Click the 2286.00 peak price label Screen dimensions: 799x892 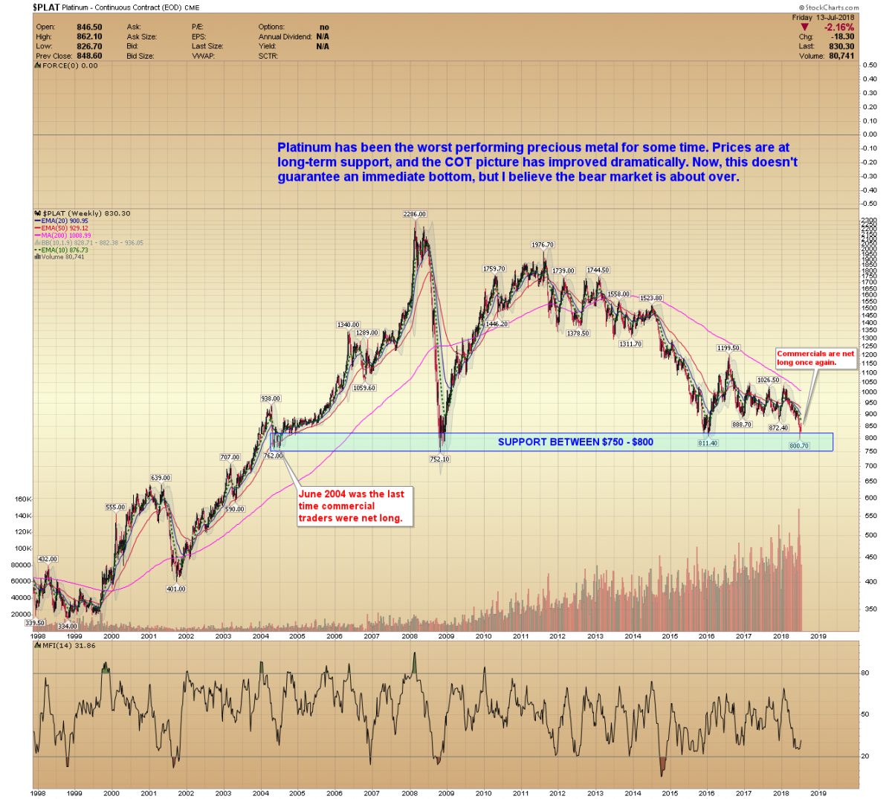tap(415, 214)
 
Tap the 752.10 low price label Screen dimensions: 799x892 tap(439, 459)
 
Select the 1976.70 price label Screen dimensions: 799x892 tap(543, 245)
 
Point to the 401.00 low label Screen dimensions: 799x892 tap(176, 589)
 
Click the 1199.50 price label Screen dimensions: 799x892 tap(728, 348)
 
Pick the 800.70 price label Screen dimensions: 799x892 tap(799, 446)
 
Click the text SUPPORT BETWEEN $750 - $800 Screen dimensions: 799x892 tap(575, 442)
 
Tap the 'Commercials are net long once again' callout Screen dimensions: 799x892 tap(815, 358)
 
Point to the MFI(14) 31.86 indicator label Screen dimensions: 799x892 tap(68, 645)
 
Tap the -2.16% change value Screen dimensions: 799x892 tap(838, 28)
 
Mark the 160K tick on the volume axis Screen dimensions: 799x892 tap(23, 499)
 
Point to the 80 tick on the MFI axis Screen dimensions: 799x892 tap(864, 673)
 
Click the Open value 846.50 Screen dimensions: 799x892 tap(89, 28)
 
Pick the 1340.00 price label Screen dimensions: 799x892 tap(348, 325)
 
